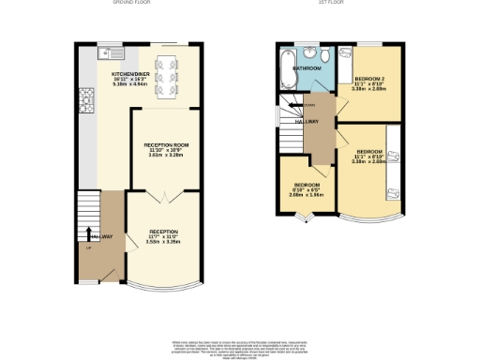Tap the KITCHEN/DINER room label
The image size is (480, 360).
coord(127,73)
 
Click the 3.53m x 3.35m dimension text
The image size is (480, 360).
coord(163,241)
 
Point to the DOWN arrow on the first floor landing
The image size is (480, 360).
coord(308,105)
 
